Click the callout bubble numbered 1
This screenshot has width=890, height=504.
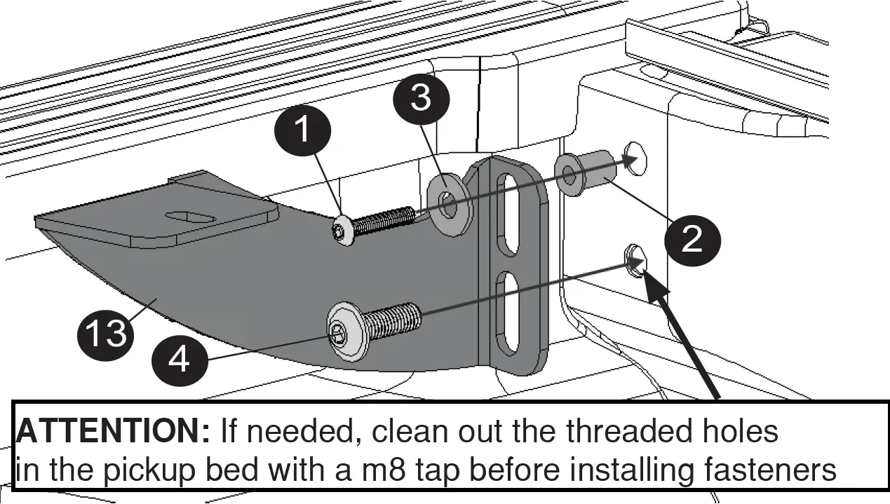click(x=302, y=130)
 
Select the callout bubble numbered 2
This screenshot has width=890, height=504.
click(x=692, y=240)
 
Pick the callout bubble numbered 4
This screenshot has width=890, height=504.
click(x=180, y=360)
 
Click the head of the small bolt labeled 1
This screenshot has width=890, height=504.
click(x=342, y=232)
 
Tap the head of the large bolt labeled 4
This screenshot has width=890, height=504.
click(x=346, y=332)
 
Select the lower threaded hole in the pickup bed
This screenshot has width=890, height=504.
click(x=635, y=260)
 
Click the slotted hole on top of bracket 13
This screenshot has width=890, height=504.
click(x=190, y=218)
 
